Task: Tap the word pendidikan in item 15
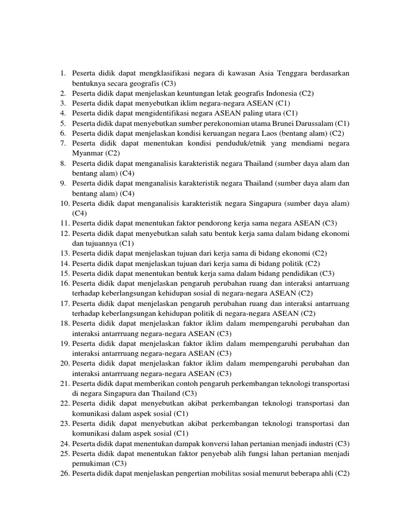tap(297, 273)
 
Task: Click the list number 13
tap(64, 254)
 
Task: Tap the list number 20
tap(64, 364)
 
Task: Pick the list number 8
tap(62, 163)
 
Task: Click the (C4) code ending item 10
tap(80, 213)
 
